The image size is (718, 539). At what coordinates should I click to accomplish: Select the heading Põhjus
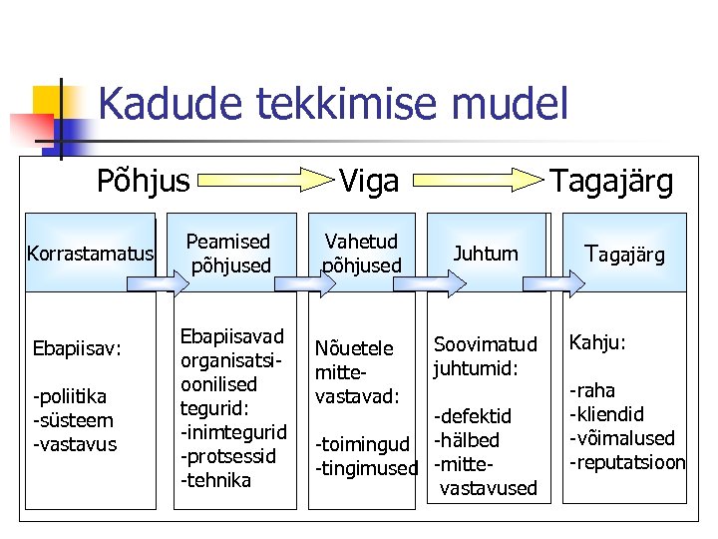[143, 181]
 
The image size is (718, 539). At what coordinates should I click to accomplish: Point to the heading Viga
[369, 181]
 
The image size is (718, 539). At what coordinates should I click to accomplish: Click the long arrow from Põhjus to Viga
[261, 181]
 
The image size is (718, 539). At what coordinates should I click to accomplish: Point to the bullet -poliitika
[73, 396]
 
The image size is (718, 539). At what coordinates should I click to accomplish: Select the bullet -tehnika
[215, 480]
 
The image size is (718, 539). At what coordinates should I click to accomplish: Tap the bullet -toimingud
[362, 444]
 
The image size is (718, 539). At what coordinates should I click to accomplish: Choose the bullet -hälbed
[466, 440]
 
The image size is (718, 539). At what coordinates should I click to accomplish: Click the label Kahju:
[596, 342]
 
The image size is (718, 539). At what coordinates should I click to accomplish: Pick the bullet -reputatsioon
[626, 462]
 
